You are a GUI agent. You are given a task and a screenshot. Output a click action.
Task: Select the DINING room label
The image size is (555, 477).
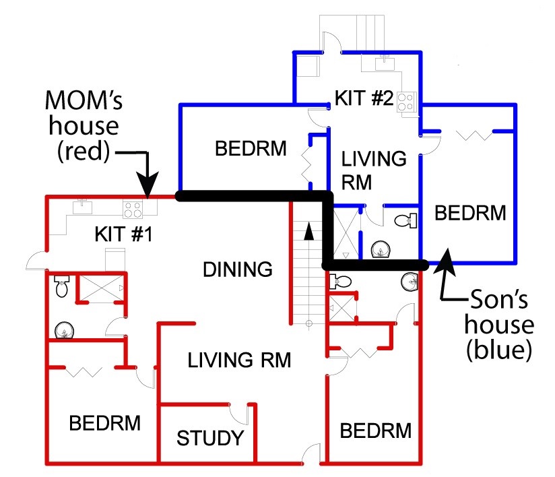tap(238, 269)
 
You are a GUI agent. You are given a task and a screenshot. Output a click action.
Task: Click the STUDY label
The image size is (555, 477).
tap(209, 439)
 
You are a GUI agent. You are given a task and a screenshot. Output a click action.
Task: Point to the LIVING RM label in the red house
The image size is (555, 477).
tap(239, 360)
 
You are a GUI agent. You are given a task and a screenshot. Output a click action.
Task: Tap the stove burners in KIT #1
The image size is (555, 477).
tap(132, 209)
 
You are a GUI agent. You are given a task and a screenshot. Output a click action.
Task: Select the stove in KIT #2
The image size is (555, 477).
tap(406, 102)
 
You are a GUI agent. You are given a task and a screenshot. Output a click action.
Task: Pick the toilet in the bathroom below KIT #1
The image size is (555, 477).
tap(61, 288)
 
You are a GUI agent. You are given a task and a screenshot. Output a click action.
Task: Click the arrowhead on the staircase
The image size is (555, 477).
tap(308, 232)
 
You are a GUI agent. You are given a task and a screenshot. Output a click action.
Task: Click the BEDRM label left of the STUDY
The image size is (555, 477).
tap(105, 423)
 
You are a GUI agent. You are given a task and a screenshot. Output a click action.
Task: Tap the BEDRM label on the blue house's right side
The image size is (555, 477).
tap(470, 214)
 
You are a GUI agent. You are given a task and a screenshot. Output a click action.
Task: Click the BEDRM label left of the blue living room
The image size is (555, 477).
tap(251, 148)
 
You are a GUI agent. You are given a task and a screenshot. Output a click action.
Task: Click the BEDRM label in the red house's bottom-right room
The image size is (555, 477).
tap(375, 431)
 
